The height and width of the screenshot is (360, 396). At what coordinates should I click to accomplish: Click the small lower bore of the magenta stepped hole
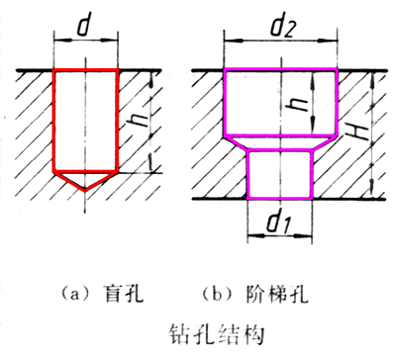pos(279,174)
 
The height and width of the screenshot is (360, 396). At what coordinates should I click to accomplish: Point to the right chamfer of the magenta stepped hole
pos(324,144)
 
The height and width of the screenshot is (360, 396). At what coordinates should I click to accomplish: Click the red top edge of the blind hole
pos(85,69)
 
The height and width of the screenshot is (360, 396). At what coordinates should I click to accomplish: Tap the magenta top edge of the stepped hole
pos(279,69)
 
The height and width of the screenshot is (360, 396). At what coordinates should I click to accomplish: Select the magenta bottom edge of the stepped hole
pos(279,198)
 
